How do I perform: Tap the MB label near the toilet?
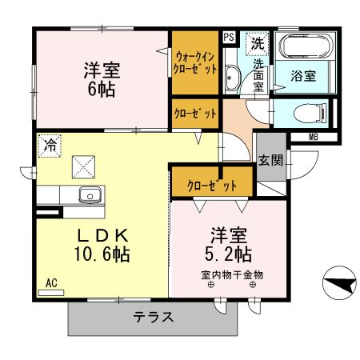point(313,135)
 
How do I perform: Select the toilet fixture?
point(305,113)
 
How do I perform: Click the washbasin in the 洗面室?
point(232,78)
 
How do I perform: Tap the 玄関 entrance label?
point(270,160)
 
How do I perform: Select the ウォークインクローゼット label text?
point(196,62)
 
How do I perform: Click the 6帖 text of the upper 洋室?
point(101,90)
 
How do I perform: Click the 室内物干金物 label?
point(231,274)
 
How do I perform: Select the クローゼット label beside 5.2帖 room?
point(212,186)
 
